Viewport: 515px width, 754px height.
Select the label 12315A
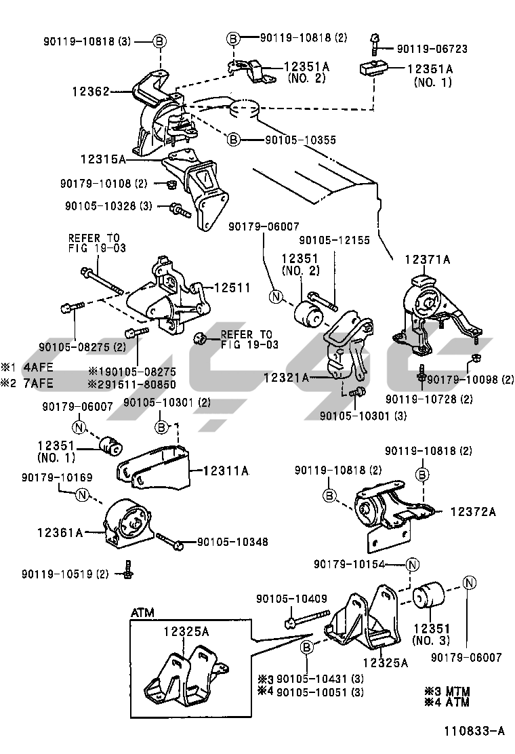(102, 159)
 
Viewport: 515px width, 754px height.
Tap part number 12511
(232, 288)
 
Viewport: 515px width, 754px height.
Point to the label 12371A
(428, 259)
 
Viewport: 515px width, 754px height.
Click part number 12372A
(472, 512)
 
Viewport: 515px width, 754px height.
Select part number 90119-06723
(432, 49)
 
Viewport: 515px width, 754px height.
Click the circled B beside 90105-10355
(233, 140)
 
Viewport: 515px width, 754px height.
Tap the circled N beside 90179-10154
(413, 564)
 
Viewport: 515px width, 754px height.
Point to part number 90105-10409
(291, 599)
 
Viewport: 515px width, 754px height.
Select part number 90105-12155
(335, 240)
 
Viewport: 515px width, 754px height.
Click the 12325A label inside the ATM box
(186, 631)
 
